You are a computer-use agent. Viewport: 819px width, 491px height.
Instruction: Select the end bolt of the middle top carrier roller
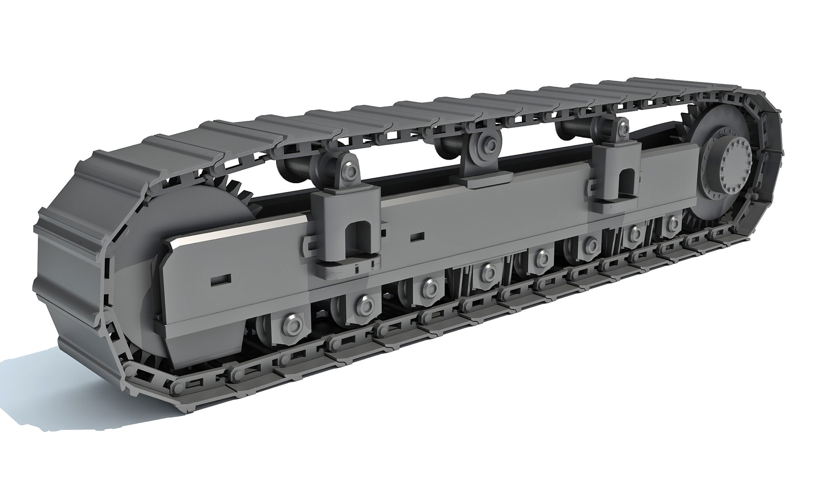[490, 145]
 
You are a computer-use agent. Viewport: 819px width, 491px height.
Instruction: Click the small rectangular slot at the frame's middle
[417, 236]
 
